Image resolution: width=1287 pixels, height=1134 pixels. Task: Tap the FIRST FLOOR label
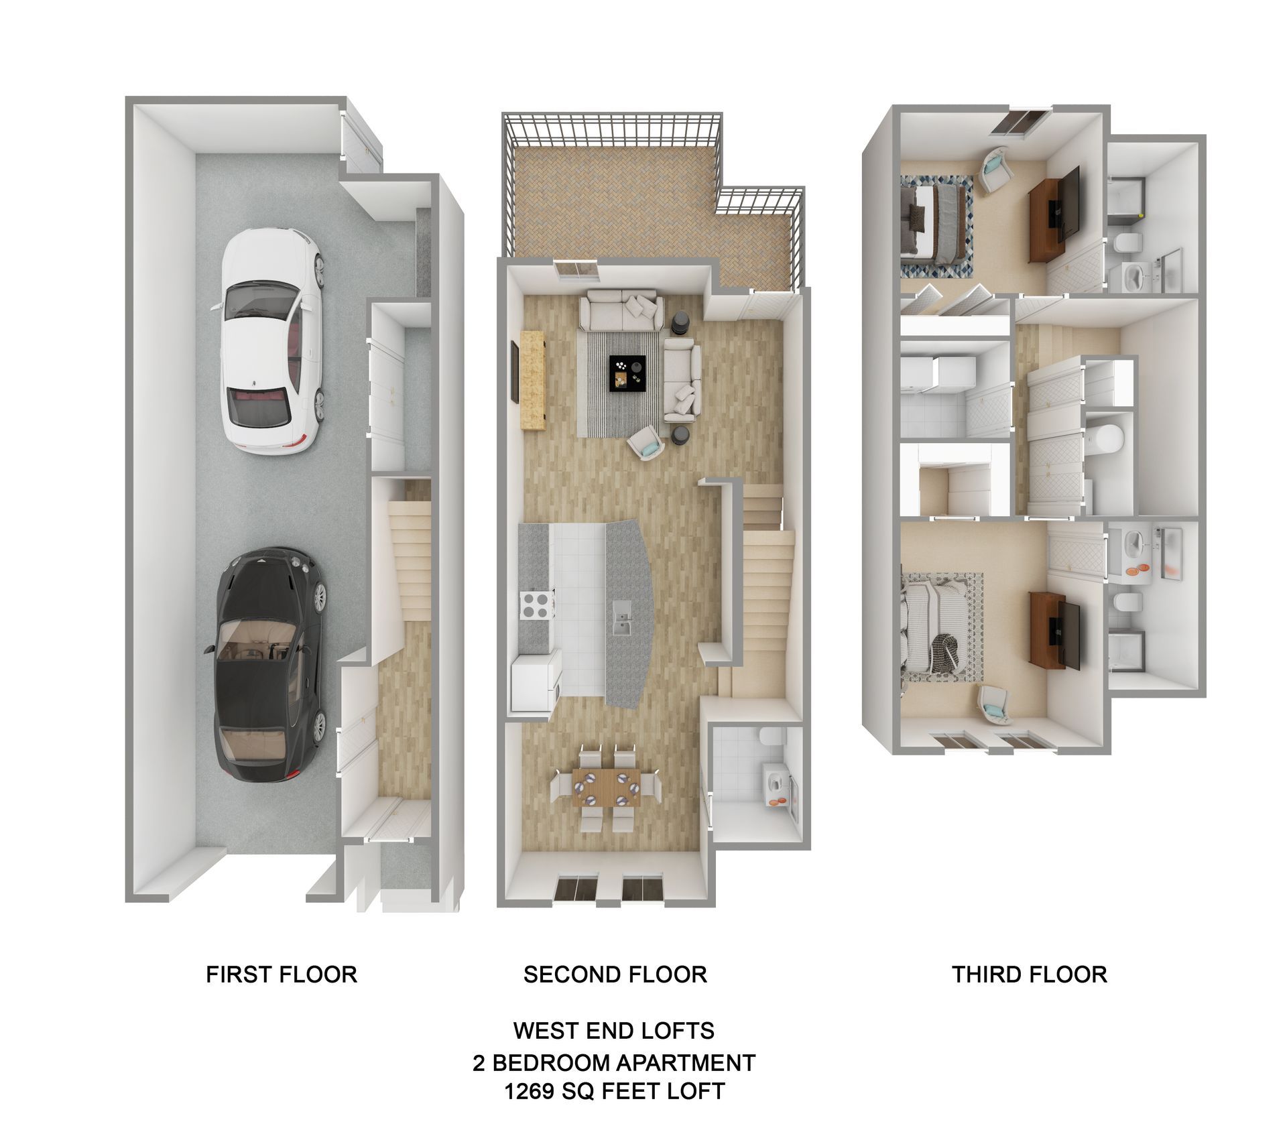point(281,974)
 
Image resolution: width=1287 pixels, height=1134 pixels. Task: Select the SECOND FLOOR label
point(615,974)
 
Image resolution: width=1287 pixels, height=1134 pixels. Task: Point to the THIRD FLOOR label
point(1029,974)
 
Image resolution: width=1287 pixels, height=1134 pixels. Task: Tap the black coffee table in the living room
point(627,373)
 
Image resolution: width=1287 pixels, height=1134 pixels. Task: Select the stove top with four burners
point(536,605)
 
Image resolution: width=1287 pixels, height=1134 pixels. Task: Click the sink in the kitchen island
point(622,621)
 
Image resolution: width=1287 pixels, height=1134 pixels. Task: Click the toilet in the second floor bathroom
point(768,737)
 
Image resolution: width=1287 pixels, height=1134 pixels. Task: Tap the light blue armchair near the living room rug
point(646,444)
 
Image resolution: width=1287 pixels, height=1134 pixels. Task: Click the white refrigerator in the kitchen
point(535,684)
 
